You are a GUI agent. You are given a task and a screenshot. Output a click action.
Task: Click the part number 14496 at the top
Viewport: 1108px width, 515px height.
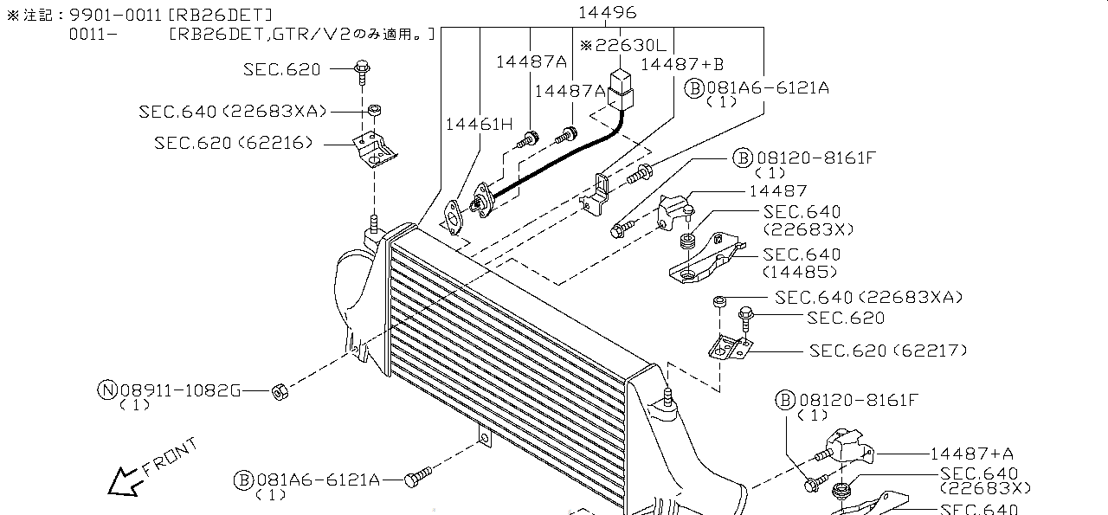[x=608, y=12]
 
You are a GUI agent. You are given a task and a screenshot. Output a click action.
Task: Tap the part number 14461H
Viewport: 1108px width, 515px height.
[x=480, y=124]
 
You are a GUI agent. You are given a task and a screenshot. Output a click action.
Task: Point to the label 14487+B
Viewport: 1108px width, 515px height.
[x=682, y=63]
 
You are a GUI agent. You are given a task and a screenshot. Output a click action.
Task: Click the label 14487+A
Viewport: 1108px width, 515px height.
[x=972, y=453]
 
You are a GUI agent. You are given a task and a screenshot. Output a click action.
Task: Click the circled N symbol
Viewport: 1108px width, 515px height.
[x=106, y=390]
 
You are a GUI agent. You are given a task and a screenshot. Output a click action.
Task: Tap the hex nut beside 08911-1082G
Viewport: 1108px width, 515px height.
[x=280, y=391]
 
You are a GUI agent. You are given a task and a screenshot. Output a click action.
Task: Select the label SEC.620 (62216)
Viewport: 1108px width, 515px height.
[x=234, y=143]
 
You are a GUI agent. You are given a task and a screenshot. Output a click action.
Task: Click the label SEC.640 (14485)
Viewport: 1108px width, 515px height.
[x=801, y=262]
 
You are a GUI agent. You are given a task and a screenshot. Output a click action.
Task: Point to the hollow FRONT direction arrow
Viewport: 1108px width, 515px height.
[x=124, y=480]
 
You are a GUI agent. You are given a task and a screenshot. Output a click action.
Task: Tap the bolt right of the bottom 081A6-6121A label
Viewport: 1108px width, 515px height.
[x=419, y=477]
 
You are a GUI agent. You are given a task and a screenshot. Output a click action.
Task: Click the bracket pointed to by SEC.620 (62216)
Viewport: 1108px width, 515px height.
[x=374, y=149]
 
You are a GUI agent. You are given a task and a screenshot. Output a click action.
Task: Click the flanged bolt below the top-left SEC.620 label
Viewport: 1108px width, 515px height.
[x=362, y=69]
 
